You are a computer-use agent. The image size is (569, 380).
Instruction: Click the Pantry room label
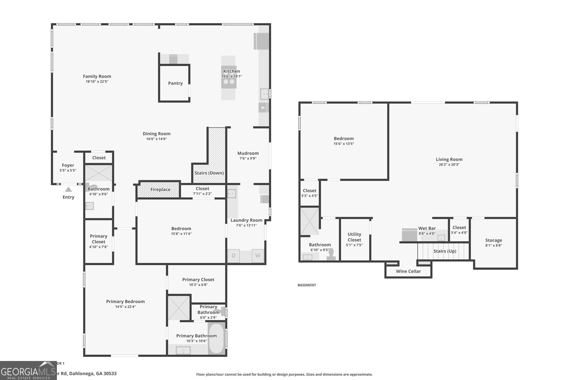175,83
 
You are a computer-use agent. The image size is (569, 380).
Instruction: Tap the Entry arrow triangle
68,189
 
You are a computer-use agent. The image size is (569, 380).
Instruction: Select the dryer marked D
234,256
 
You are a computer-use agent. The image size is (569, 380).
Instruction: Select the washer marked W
258,256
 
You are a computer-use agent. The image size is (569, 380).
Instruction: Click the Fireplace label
160,189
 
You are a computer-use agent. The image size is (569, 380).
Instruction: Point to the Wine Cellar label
408,271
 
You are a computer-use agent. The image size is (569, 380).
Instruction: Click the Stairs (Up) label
445,251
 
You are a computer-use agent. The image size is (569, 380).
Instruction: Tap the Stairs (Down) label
209,173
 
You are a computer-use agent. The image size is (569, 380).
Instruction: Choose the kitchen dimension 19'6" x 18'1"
232,77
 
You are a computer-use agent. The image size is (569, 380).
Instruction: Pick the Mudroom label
248,153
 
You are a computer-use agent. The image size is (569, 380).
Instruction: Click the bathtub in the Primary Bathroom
216,338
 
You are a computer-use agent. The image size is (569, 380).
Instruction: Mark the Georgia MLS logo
28,371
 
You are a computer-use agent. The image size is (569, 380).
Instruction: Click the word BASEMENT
307,285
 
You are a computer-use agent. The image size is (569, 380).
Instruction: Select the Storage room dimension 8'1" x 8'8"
494,245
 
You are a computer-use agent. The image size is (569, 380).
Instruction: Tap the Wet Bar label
427,228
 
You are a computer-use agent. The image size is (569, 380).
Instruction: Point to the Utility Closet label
354,237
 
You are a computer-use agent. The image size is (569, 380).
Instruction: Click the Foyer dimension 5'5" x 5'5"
68,171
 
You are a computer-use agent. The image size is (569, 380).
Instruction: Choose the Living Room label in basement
449,160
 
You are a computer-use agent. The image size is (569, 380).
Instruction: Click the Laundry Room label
246,220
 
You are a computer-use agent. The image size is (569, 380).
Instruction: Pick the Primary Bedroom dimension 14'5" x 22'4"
125,307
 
